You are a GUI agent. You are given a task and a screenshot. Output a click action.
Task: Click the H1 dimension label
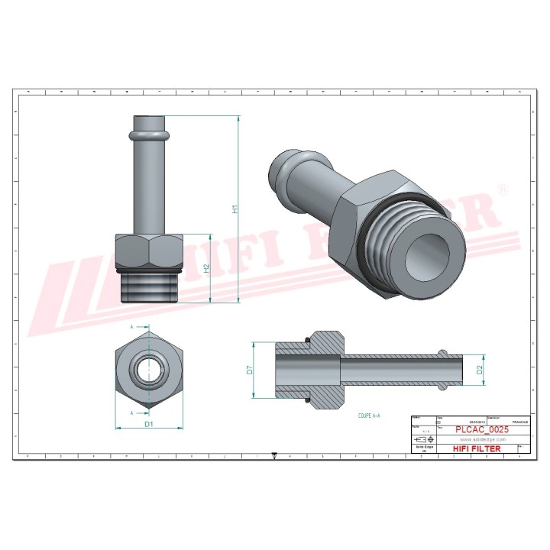coord(236,208)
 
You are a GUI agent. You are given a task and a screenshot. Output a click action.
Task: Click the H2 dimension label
coord(206,268)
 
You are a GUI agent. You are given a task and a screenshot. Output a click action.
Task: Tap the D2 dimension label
coord(480,370)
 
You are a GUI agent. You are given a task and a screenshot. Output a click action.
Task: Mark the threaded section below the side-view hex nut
coord(150,286)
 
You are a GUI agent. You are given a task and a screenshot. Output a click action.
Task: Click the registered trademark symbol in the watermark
coord(502,187)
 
